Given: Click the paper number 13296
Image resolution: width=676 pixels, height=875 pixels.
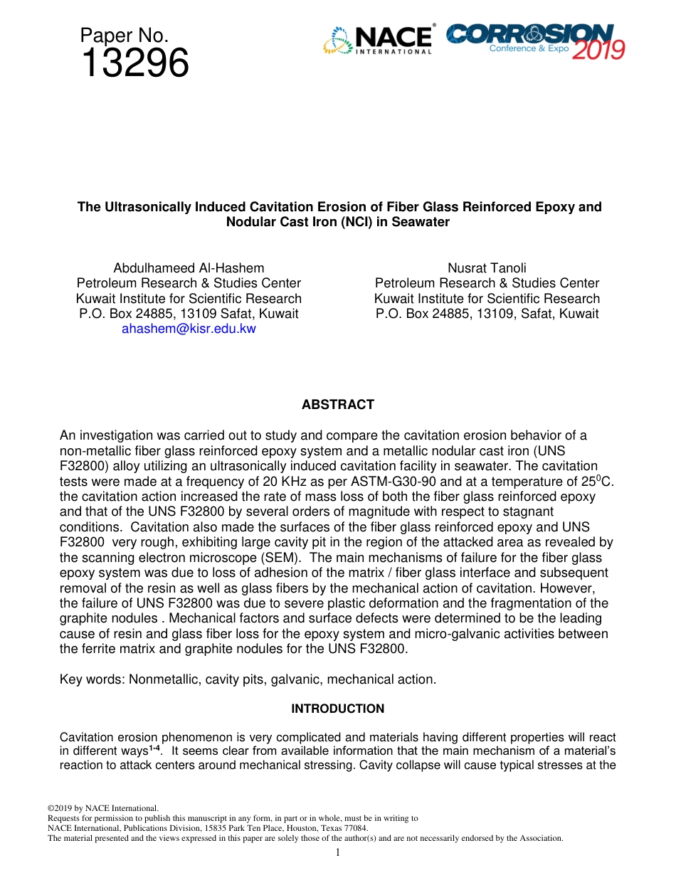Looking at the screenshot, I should pos(135,64).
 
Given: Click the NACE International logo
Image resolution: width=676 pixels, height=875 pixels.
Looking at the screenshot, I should pos(378,41).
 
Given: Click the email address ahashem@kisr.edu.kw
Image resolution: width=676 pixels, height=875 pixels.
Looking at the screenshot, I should pos(189,329).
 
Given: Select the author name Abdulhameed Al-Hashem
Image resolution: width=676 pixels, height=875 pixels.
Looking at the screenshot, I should pos(189,268).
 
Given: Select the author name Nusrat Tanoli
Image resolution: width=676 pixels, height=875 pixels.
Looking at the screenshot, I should pos(487,268).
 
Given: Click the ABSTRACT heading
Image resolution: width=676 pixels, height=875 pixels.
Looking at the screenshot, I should pos(337,405).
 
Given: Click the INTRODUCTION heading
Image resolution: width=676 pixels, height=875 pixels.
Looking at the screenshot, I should pos(337,709).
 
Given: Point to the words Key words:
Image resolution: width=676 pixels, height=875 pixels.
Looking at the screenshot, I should pos(93,679).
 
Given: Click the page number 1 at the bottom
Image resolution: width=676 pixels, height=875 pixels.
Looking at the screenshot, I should pos(338,853).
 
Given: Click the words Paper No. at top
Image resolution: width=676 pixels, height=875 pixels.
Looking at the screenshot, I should pos(125,35).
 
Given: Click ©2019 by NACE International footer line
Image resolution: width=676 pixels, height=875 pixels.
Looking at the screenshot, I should pos(102,808).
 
